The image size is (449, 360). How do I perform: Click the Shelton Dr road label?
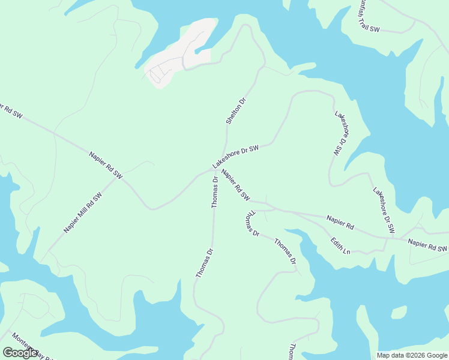pos(236,111)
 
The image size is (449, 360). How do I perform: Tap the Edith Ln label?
pos(340,246)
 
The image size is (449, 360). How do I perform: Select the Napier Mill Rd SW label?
pos(83,213)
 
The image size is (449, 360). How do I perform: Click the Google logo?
pos(20,353)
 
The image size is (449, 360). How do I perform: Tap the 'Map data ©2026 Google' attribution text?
pos(412,355)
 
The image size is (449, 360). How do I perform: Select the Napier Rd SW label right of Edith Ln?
pos(427,245)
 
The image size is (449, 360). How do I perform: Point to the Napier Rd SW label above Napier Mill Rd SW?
pos(106,165)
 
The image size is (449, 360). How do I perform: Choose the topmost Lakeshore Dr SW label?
pos(340,134)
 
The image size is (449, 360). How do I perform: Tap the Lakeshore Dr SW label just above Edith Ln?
pos(384,210)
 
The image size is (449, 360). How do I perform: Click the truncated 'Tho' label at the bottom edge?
pos(292,352)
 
